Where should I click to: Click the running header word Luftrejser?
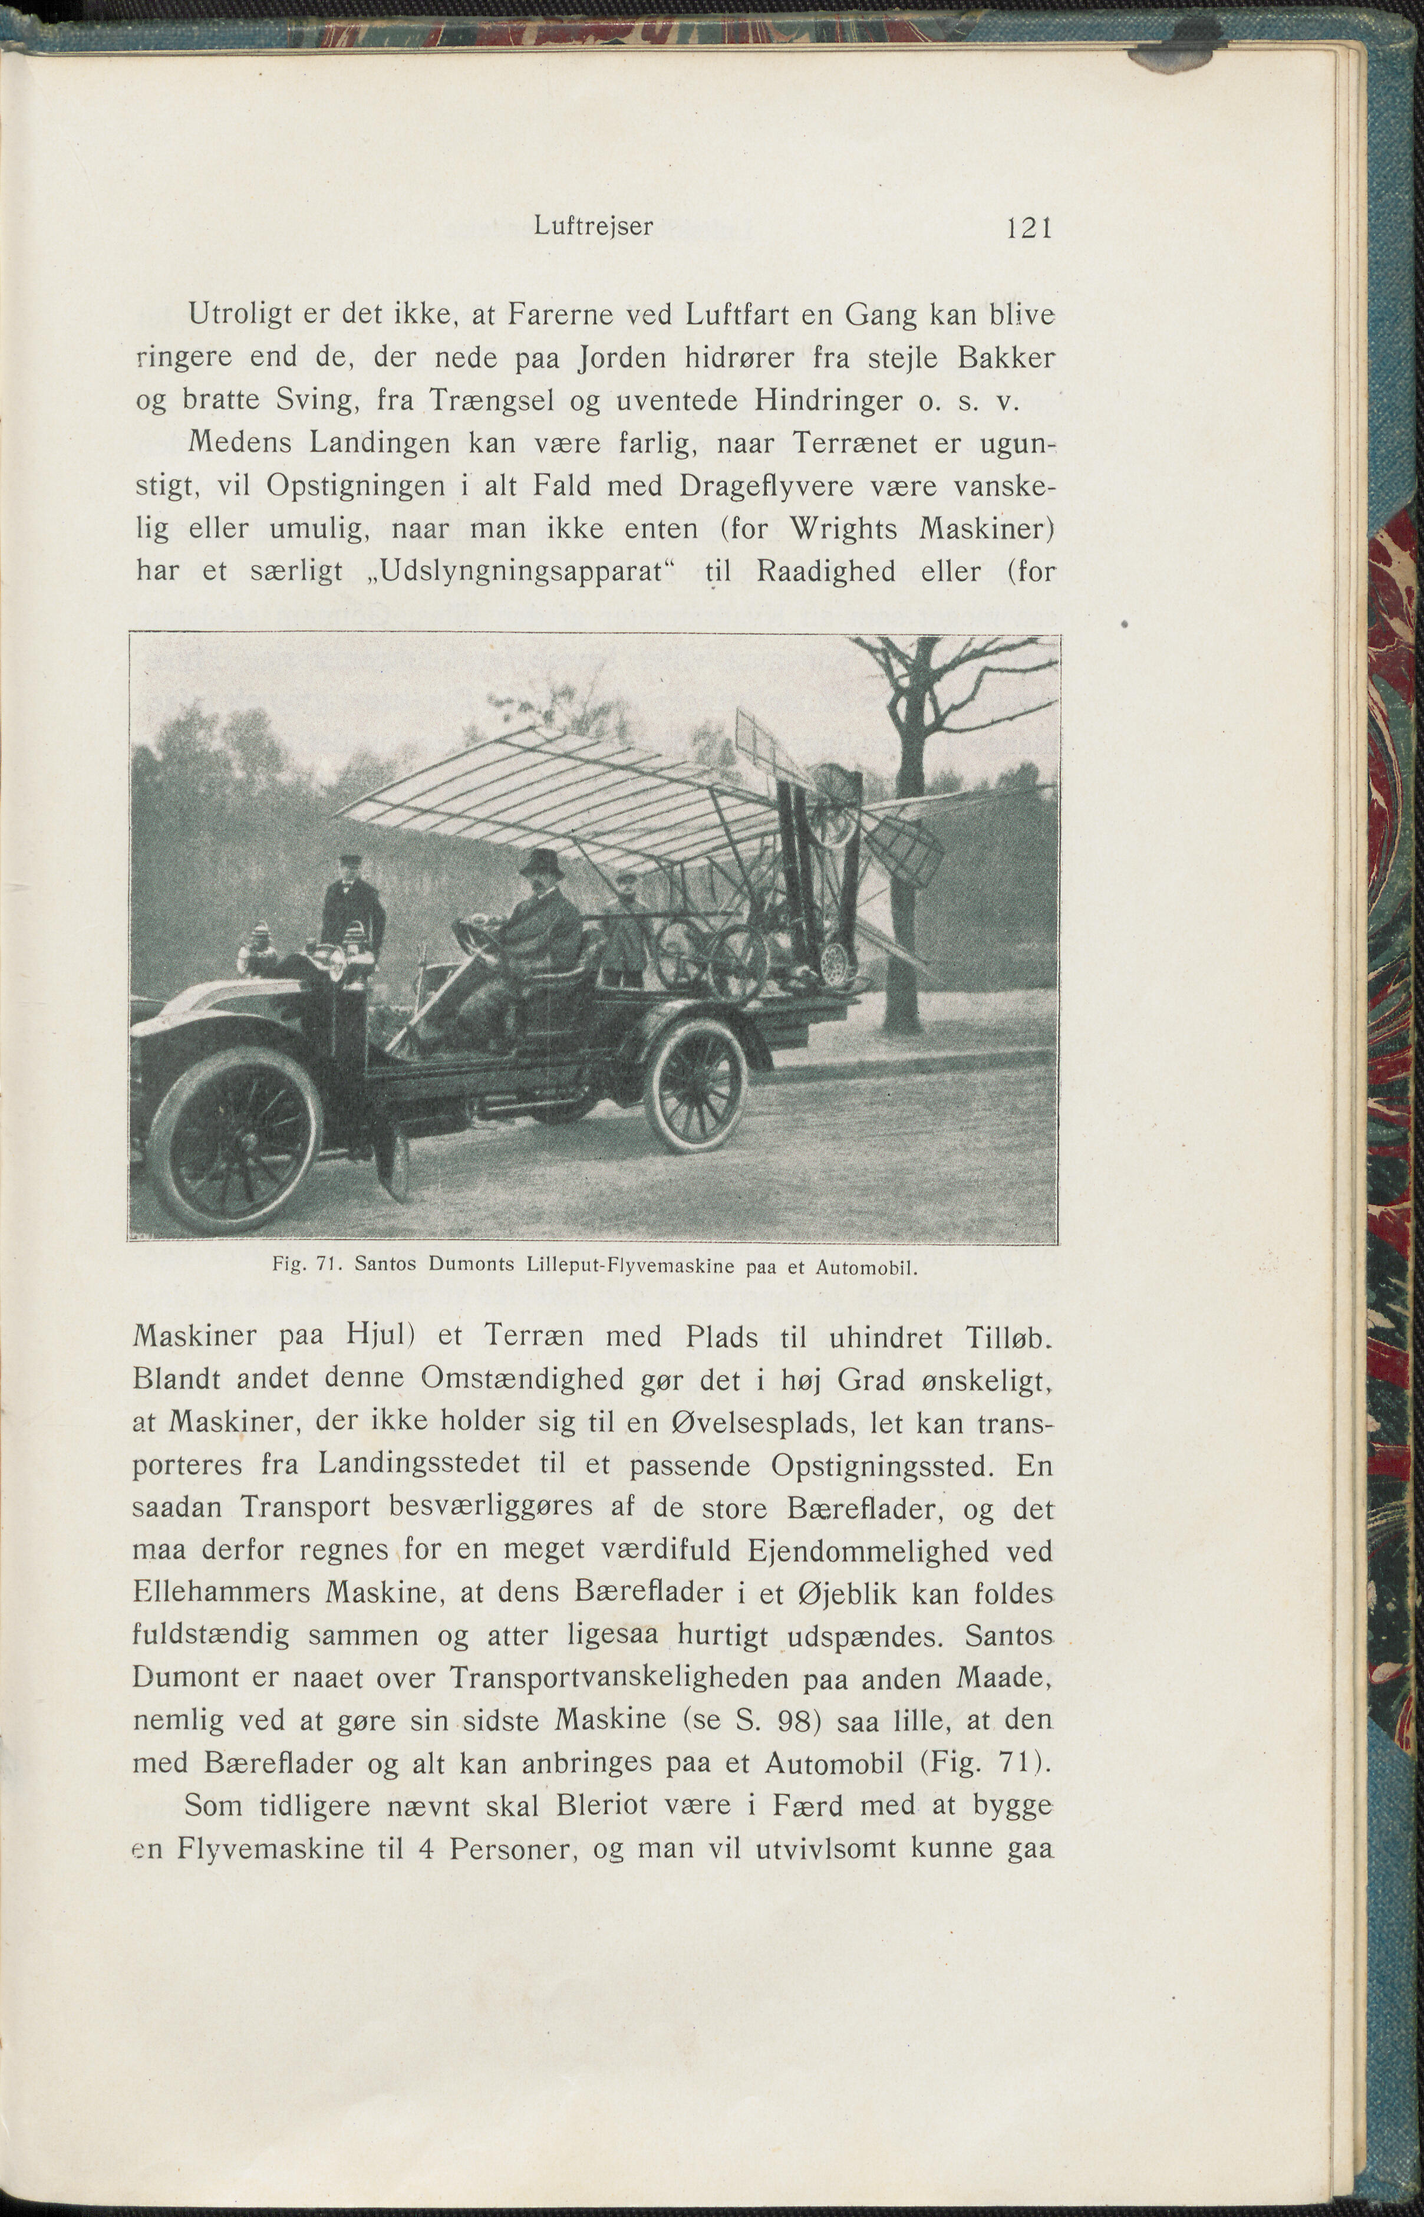(x=593, y=226)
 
